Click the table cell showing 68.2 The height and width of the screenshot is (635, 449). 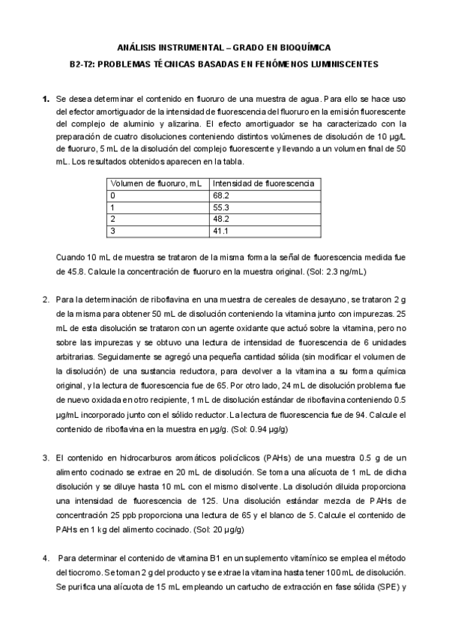220,195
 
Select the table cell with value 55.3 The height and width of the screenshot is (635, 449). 220,207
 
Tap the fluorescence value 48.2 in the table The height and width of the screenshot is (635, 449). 220,219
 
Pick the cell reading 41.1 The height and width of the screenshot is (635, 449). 220,231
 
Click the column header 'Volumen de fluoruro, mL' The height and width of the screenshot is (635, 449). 157,183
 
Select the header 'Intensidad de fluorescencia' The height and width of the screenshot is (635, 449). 263,183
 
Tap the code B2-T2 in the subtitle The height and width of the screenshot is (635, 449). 80,64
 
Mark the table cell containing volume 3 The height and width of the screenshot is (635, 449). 112,231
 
